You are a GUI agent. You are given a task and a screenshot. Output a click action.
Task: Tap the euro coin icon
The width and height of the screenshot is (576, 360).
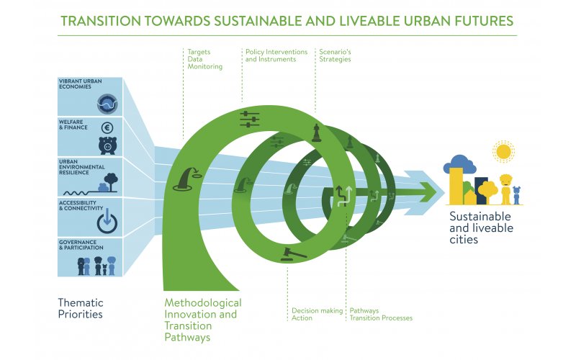tap(107, 128)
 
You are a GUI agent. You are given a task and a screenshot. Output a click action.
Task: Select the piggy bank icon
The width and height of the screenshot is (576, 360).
tap(107, 145)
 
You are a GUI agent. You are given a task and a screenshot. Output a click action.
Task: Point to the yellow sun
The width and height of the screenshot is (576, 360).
tap(503, 151)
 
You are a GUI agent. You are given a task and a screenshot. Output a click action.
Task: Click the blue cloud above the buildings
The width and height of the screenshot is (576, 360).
tap(460, 163)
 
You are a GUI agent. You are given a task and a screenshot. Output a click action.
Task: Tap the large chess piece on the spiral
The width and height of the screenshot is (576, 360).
tap(316, 133)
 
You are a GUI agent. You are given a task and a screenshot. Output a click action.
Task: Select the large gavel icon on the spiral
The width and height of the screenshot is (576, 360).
tap(293, 254)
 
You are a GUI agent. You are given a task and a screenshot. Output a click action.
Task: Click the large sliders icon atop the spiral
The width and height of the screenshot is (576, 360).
tap(249, 119)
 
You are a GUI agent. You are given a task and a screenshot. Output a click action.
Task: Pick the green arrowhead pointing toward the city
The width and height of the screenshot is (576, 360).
tap(427, 192)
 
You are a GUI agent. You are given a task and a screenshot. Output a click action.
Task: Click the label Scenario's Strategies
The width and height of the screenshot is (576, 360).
tap(335, 55)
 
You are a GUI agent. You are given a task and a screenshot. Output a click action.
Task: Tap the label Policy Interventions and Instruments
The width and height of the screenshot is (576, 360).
tap(276, 55)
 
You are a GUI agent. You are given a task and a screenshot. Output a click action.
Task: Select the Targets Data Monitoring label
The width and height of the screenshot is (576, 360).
tap(204, 59)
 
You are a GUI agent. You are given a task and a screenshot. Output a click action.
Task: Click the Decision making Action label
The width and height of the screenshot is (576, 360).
tap(317, 315)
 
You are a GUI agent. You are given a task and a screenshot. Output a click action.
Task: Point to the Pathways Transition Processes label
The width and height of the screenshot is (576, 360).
tap(381, 315)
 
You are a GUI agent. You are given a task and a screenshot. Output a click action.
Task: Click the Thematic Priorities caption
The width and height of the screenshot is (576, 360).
tap(81, 309)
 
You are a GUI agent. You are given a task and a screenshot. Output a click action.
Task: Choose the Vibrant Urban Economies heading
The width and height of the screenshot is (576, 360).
tap(81, 84)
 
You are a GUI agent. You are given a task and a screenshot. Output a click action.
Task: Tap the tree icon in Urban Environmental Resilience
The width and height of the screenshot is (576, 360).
tap(111, 182)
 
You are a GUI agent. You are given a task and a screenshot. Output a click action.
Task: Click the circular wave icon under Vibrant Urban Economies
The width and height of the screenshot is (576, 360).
tap(107, 104)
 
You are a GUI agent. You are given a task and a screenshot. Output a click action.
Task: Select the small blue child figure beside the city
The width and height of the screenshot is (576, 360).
tap(516, 195)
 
